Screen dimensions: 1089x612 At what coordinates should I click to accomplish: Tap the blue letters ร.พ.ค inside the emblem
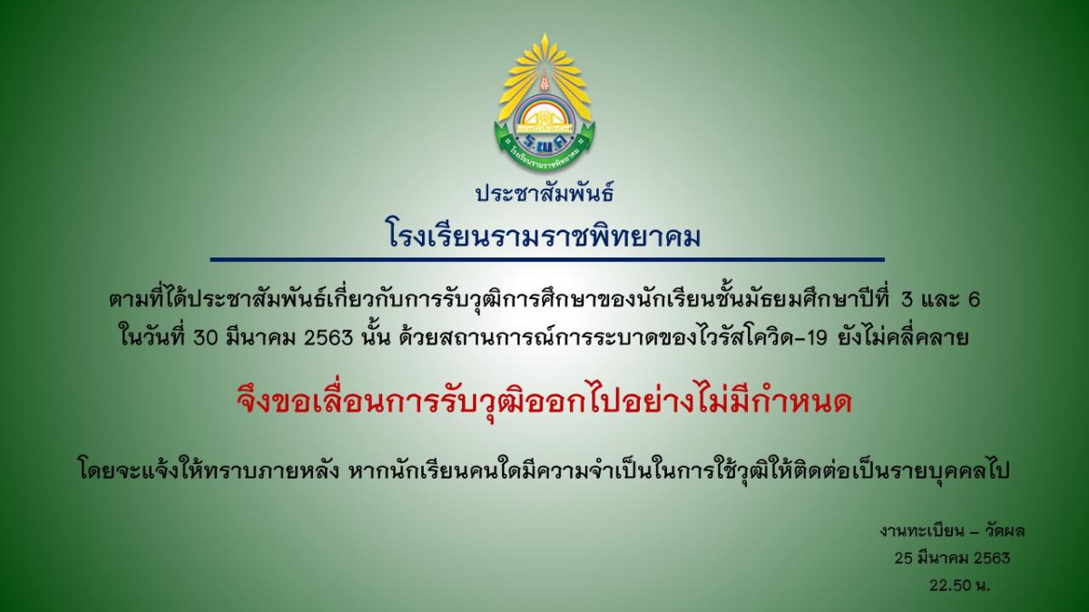pos(544,141)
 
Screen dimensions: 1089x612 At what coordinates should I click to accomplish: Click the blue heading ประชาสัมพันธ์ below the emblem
pos(544,192)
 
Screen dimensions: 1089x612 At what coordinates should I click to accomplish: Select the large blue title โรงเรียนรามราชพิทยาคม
pos(544,237)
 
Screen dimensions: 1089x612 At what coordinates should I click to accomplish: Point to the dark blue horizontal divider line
pos(547,260)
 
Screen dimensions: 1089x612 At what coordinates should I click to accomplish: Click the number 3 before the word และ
pos(907,300)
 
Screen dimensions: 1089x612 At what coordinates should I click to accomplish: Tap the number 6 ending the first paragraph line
pos(974,300)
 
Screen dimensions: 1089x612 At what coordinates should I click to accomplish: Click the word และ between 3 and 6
pos(940,300)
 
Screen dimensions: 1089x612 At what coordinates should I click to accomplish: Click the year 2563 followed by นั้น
pos(329,337)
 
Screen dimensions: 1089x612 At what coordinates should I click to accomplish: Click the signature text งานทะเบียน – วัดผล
pos(952,531)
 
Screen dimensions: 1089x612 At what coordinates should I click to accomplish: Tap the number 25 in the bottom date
pos(904,559)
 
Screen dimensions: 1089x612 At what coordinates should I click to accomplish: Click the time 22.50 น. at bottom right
pos(959,586)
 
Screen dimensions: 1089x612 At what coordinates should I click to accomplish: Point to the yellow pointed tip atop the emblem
pos(545,34)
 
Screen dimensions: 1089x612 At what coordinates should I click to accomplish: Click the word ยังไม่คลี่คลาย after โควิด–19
pos(903,336)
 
